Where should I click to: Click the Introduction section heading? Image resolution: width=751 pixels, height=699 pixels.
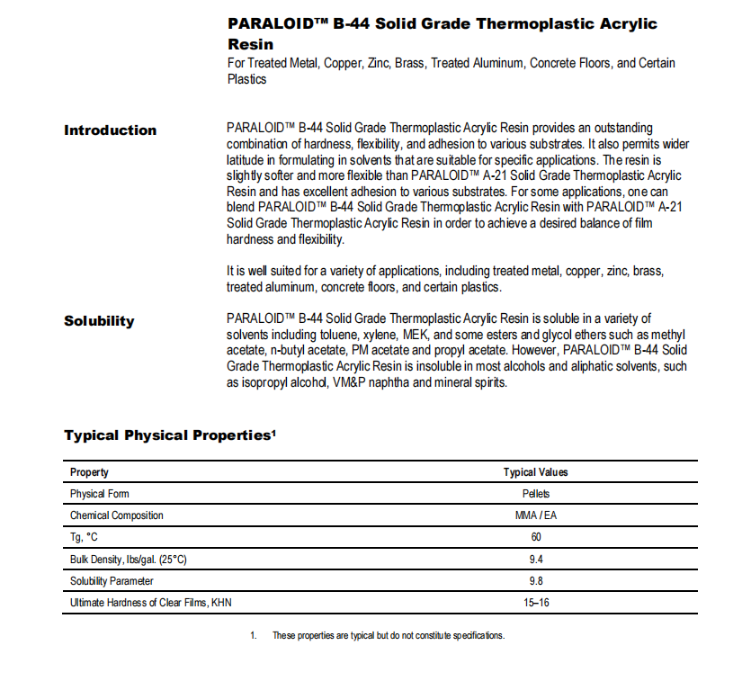110,130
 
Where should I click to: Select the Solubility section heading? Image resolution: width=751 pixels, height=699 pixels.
99,321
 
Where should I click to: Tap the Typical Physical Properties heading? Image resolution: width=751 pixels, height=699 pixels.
170,435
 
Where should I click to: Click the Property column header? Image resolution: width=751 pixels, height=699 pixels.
89,472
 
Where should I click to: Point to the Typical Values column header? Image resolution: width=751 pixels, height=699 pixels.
535,472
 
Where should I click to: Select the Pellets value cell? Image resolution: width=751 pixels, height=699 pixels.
535,494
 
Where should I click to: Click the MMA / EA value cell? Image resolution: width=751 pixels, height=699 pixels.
535,515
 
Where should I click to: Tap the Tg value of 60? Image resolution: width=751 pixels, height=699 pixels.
535,537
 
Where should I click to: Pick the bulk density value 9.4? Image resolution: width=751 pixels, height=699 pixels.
535,559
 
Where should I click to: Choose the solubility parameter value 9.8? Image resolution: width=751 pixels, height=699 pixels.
535,580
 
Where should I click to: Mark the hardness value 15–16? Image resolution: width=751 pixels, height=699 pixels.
535,602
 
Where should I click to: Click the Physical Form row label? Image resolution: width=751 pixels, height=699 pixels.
100,494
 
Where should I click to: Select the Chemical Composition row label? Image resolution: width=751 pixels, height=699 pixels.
117,515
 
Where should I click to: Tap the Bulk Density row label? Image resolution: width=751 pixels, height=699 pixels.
129,559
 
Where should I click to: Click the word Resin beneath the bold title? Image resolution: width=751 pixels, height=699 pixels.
250,43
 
